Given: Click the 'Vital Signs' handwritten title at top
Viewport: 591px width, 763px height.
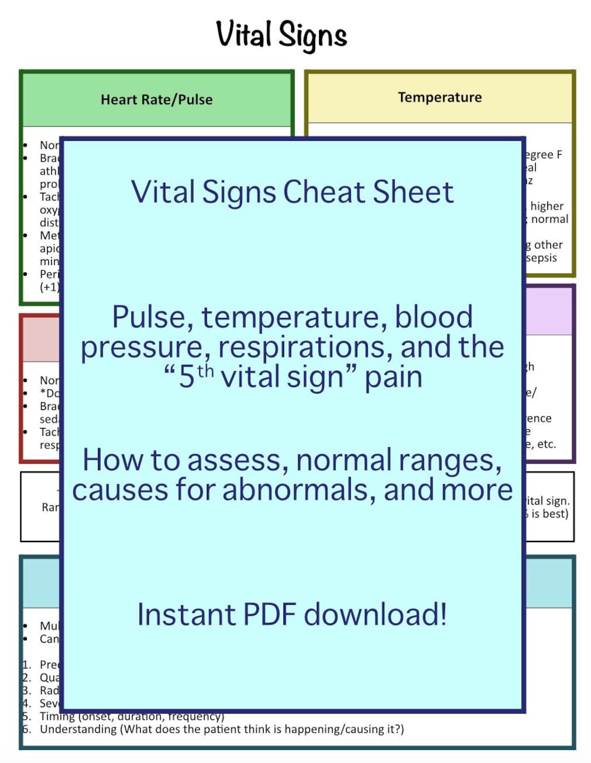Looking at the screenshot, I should (281, 34).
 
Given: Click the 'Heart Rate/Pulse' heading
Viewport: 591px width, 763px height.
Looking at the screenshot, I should (157, 100).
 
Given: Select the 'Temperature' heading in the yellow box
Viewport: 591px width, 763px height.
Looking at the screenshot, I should (439, 97).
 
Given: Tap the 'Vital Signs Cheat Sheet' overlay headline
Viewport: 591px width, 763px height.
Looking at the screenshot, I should (292, 192).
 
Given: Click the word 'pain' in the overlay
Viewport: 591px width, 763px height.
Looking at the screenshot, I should (393, 377).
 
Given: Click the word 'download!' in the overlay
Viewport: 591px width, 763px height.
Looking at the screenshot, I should (375, 614).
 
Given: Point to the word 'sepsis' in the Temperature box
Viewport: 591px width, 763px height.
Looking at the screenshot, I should (541, 258).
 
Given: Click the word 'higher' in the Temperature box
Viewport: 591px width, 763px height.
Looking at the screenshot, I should (547, 206).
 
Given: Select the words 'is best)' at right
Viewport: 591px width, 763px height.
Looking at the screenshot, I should (549, 513).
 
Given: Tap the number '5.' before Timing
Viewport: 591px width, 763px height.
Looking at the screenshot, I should (26, 716).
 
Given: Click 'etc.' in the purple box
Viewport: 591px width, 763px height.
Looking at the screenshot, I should (546, 444).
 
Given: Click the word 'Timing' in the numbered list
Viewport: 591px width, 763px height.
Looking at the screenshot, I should (57, 716).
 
